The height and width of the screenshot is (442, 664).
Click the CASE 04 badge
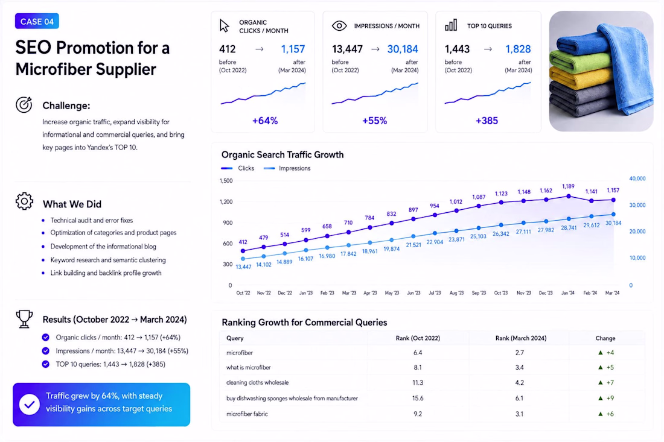(37, 21)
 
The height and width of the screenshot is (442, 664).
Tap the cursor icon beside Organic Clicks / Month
(224, 26)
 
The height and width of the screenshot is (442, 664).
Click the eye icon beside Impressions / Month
(339, 26)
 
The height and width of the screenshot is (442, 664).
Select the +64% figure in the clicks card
(265, 121)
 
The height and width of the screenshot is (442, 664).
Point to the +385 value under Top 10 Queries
(487, 121)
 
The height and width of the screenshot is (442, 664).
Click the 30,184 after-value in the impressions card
(402, 49)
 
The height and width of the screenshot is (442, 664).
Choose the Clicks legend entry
(238, 168)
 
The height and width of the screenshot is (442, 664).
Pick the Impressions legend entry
(287, 168)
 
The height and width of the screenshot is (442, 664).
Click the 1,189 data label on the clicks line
(568, 186)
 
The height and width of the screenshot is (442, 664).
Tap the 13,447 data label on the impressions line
(243, 267)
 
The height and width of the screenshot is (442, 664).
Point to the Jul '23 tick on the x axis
(435, 292)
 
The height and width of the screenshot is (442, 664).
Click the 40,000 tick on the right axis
(637, 178)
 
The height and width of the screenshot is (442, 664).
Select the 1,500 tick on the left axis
(226, 181)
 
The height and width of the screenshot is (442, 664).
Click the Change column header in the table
(605, 338)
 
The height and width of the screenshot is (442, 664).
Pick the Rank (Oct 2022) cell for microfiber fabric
(418, 414)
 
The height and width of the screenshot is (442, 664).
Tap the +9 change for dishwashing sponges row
(606, 398)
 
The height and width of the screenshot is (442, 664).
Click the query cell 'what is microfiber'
(249, 368)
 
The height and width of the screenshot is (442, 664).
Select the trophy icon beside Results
(24, 319)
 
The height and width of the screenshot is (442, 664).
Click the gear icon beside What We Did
(24, 201)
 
